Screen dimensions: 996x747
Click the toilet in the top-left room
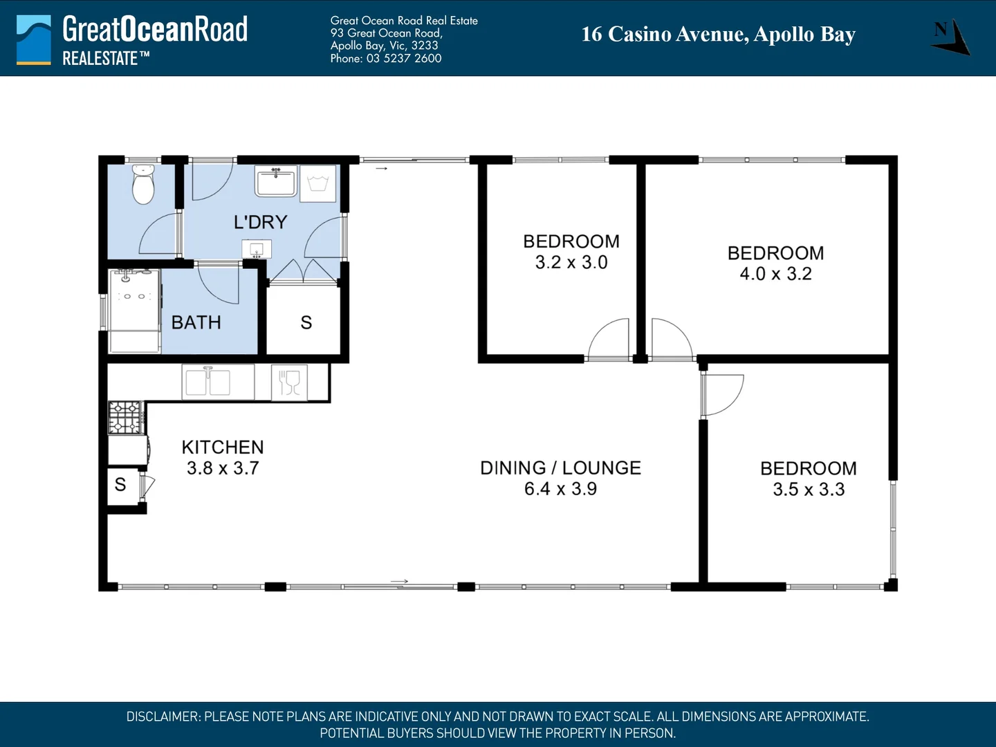(x=143, y=185)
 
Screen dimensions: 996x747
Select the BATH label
(x=196, y=322)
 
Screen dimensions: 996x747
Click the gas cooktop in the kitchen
(x=126, y=417)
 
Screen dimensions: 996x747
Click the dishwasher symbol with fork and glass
(x=290, y=382)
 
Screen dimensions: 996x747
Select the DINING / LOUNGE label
(x=560, y=468)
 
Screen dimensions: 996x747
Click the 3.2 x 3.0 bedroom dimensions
(x=571, y=263)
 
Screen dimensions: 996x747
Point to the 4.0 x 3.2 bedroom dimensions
(x=776, y=274)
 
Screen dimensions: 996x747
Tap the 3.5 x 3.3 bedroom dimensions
(x=809, y=490)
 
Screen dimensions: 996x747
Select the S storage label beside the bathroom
(x=306, y=323)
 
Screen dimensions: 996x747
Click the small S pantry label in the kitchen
(x=120, y=484)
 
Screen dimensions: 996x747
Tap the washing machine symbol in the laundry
(x=318, y=184)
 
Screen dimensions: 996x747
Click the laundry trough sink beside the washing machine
(x=276, y=181)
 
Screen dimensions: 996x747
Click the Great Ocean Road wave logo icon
(x=34, y=40)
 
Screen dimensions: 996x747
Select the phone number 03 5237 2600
(x=404, y=59)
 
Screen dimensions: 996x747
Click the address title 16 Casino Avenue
(x=665, y=35)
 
